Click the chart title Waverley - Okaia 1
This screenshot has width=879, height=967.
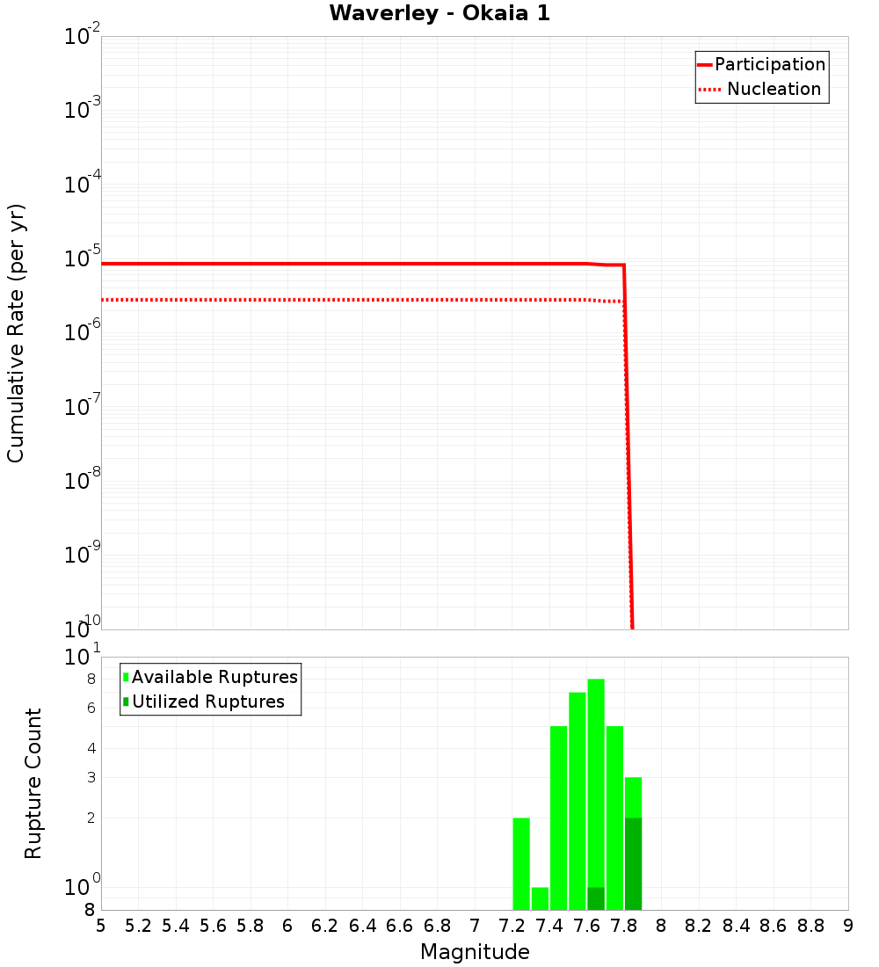coord(439,14)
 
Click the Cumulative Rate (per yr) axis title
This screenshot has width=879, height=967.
coord(16,332)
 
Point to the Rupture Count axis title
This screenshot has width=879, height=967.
coord(33,782)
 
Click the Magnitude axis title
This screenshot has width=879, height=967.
coord(475,952)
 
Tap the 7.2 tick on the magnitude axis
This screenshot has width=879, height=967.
coord(512,926)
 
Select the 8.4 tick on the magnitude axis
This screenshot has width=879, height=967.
coord(737,926)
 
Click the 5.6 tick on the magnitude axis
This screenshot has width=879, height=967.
coord(214,926)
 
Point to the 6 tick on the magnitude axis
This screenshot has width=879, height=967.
coord(287,926)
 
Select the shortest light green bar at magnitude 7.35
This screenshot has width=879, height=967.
coord(540,898)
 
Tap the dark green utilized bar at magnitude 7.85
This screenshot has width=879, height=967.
coord(633,863)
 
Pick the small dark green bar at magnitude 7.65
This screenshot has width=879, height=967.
coord(596,898)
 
